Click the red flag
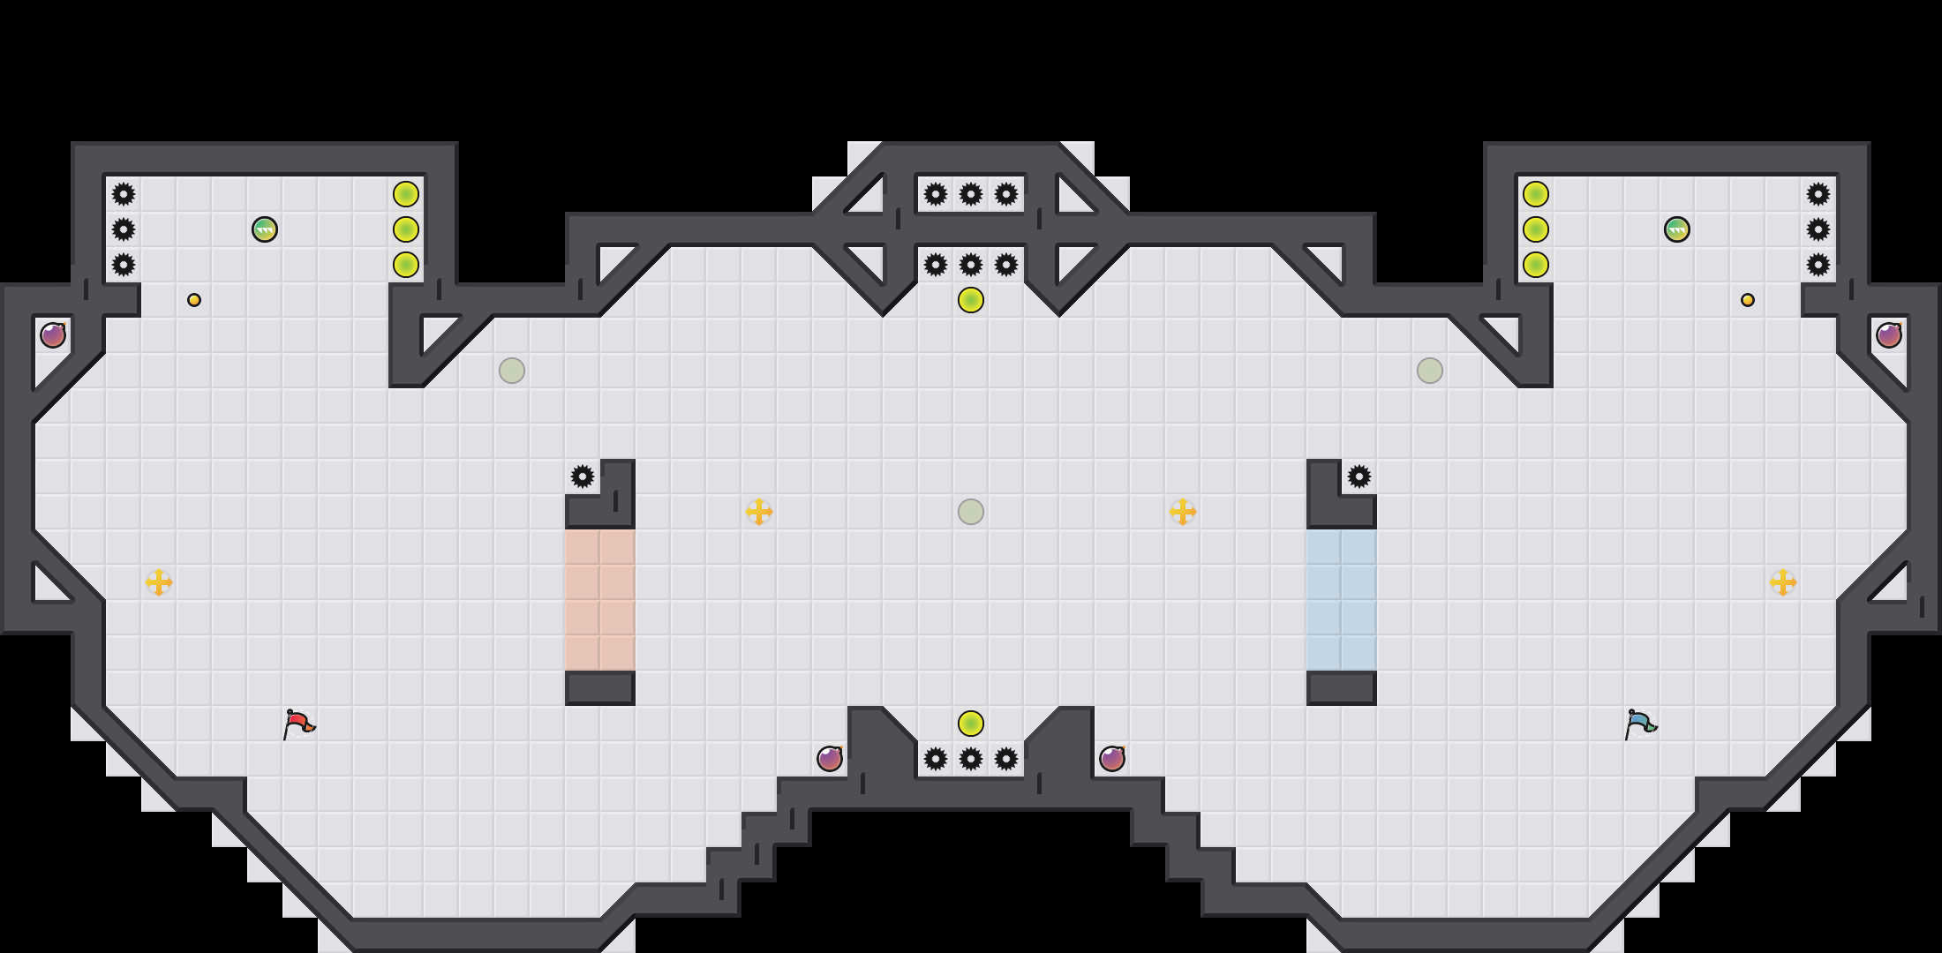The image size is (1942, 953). point(298,724)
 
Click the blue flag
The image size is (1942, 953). point(1640,724)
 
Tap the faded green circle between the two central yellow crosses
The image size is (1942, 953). point(971,512)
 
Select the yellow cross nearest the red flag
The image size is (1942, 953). point(159,582)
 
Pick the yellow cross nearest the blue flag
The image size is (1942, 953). point(1783,582)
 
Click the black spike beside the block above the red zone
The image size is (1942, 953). point(583,476)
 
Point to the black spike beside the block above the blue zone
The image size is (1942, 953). point(1359,476)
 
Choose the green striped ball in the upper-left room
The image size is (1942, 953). point(265,229)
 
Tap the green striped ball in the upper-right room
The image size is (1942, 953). point(1677,229)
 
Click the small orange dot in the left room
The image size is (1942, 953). point(194,300)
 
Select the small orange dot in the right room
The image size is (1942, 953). point(1748,300)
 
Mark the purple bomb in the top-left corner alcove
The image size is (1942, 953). point(53,335)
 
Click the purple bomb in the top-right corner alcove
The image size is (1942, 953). point(1889,335)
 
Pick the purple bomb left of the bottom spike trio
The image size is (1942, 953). point(830,759)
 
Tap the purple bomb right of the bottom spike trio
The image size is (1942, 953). point(1112,759)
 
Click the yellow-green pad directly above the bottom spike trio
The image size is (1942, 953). point(971,724)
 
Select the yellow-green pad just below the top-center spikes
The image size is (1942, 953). point(971,300)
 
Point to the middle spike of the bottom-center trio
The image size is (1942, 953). point(971,759)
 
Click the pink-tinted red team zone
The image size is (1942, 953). point(600,600)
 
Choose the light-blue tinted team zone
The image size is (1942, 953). point(1342,600)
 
